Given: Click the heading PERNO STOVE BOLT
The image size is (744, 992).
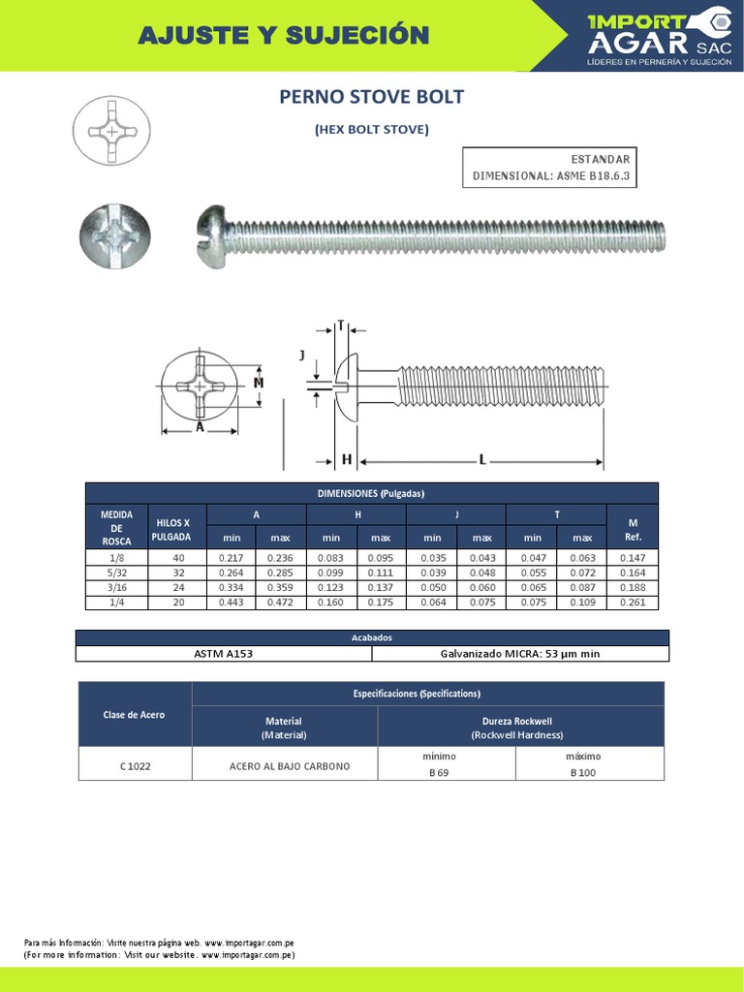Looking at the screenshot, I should pos(371,97).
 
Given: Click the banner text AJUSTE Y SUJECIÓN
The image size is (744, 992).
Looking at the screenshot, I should pos(283,36).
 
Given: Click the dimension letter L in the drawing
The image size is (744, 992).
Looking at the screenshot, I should pos(481,459).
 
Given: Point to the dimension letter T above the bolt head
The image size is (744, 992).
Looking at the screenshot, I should pos(341,325).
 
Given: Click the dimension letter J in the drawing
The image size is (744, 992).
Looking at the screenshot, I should pos(302,356).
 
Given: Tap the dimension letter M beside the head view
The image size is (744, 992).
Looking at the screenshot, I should pos(259,383).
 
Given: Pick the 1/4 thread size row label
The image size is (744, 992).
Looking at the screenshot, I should pos(116,603).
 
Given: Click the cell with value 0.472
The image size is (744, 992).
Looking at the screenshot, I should pos(280,603).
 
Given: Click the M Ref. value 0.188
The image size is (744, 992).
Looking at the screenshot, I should pos(633,587).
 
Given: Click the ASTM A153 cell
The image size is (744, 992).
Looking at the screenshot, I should pos(224,654).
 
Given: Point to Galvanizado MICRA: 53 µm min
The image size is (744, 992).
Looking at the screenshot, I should pos(520,654).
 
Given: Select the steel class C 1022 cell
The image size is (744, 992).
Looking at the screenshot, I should pos(135,765).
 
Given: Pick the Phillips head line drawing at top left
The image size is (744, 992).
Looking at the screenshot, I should pos(112,130).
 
